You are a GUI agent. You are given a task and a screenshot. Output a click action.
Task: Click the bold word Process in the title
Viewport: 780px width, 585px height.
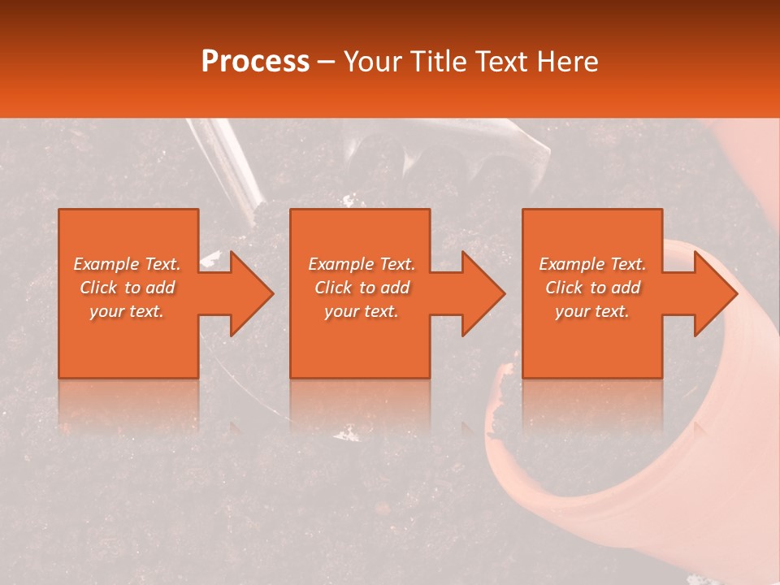(x=255, y=62)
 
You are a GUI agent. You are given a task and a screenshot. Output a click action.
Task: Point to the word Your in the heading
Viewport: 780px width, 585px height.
(x=373, y=62)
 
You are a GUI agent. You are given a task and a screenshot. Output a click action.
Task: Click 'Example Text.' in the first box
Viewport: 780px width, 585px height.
(x=127, y=264)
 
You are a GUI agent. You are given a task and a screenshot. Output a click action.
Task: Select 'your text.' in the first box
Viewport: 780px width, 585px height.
(x=127, y=311)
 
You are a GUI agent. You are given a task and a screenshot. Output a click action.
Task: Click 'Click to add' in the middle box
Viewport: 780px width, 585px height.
(x=362, y=288)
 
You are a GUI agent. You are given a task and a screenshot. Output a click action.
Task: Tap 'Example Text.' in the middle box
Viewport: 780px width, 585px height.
(x=362, y=264)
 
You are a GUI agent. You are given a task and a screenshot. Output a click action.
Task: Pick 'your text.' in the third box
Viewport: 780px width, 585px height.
(x=592, y=311)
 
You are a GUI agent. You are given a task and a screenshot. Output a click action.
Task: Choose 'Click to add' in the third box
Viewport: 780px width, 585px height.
(x=592, y=288)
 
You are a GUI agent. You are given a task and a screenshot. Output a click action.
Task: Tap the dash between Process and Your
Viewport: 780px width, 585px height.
(x=326, y=63)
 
